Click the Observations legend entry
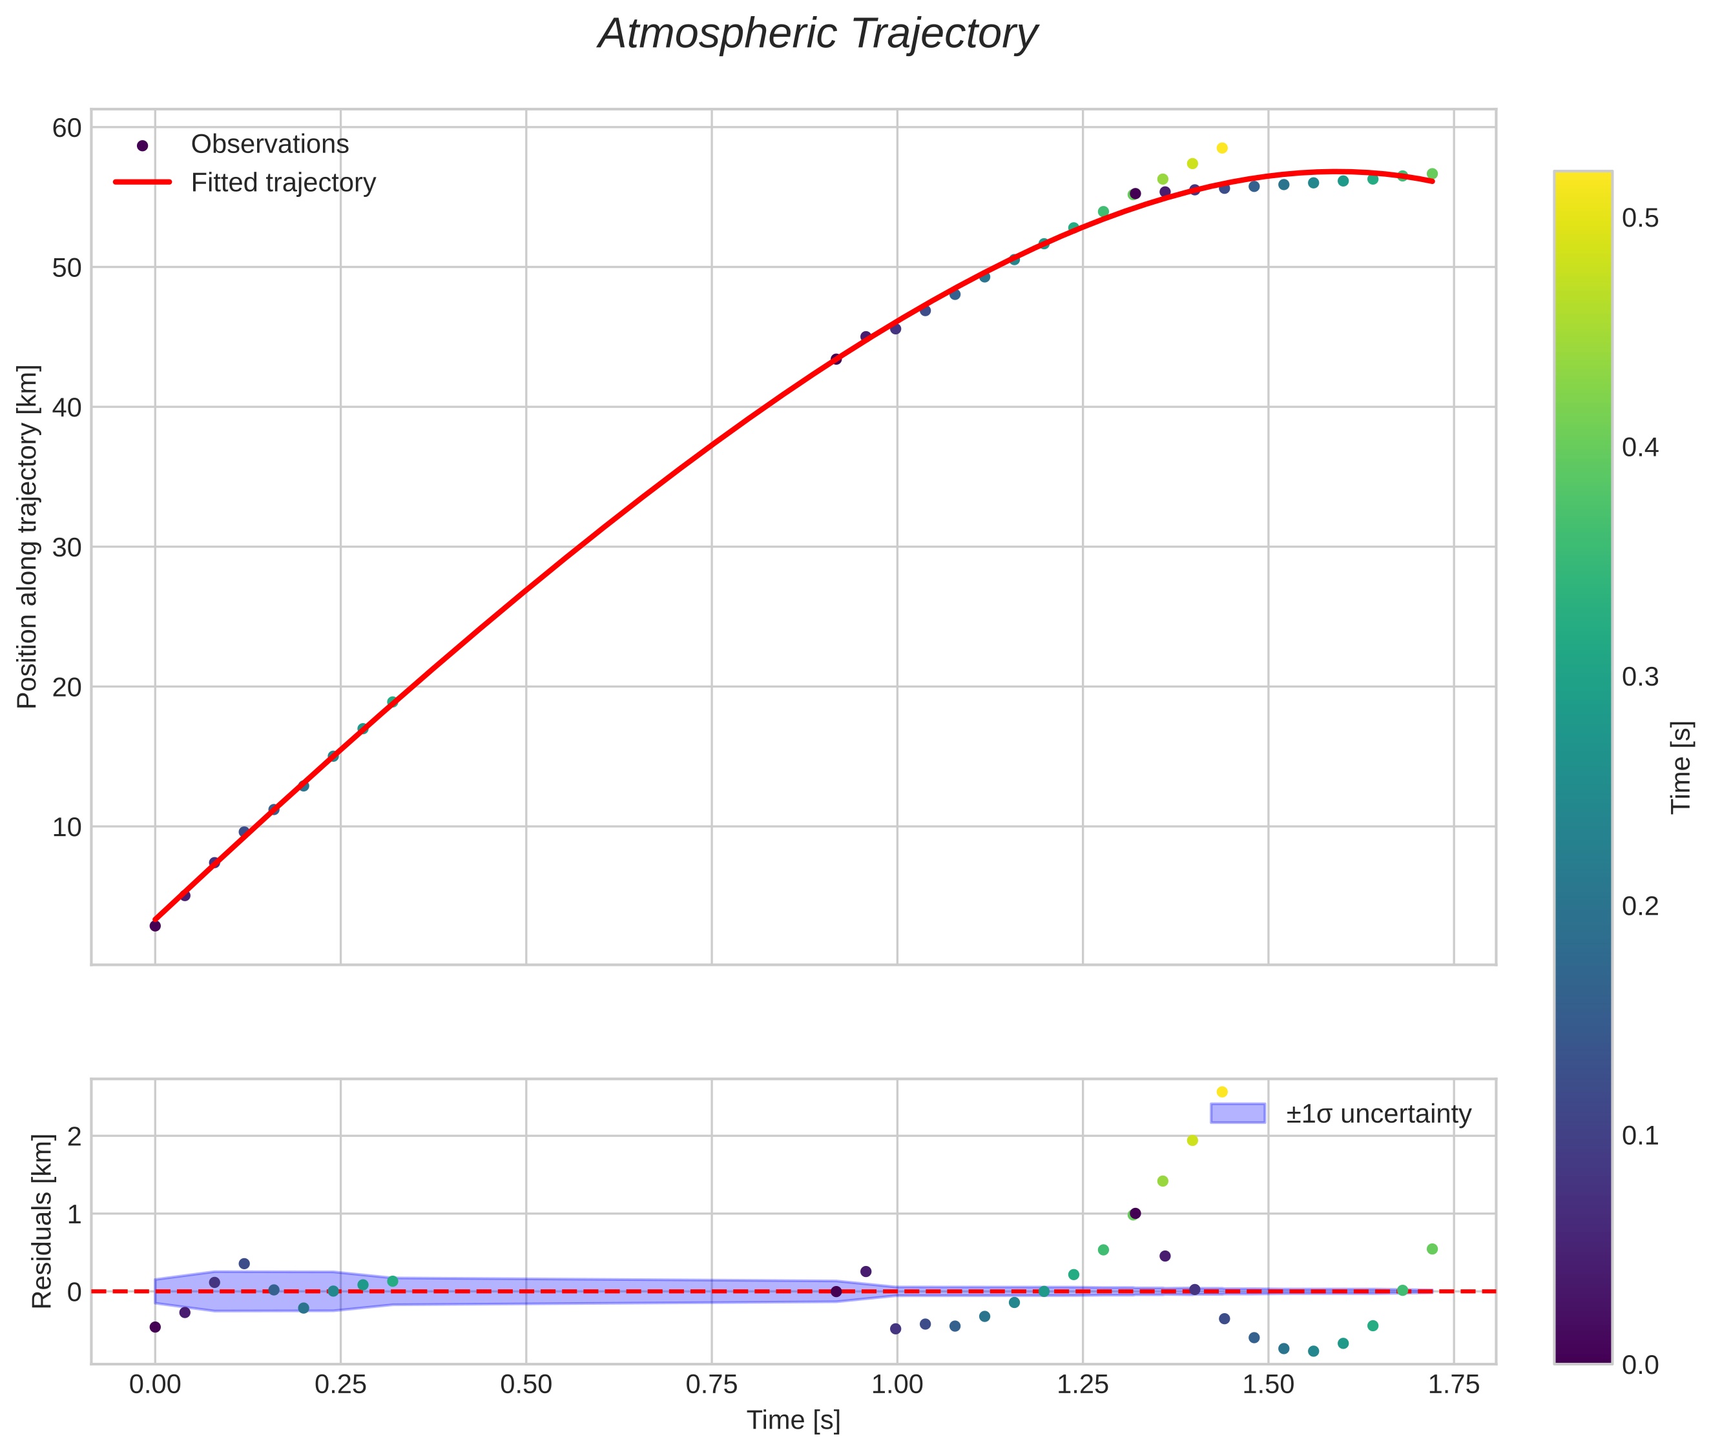(x=270, y=145)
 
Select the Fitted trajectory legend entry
(x=283, y=183)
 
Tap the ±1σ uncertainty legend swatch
(x=1237, y=1114)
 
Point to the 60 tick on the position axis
(x=67, y=128)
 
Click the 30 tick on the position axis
(x=67, y=547)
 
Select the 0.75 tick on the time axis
(x=711, y=1385)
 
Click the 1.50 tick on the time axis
(x=1268, y=1385)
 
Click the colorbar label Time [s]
(x=1681, y=768)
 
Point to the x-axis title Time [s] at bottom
(x=793, y=1420)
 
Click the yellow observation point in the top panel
(x=1222, y=148)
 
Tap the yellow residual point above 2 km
(x=1222, y=1092)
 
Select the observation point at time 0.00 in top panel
(x=154, y=926)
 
